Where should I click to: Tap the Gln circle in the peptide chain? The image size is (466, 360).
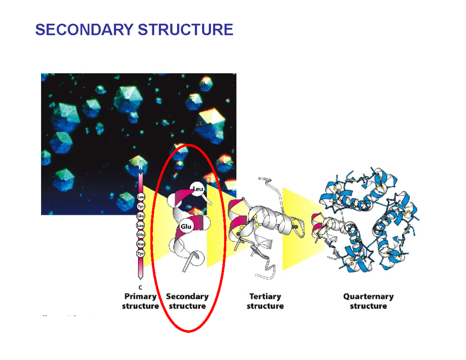click(141, 216)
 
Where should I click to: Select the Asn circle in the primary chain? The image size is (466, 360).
click(141, 244)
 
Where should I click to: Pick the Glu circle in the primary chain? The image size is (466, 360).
click(141, 235)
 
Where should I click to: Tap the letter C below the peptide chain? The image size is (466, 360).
click(141, 287)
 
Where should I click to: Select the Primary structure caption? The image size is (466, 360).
click(141, 301)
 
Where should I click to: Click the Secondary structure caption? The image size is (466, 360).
click(188, 301)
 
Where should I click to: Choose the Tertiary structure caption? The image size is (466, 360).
click(265, 301)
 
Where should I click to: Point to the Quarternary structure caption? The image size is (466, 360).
click(368, 301)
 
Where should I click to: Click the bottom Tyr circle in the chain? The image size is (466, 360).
click(141, 254)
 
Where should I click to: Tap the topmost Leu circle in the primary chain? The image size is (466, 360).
click(141, 197)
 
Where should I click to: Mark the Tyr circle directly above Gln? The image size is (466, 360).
click(141, 207)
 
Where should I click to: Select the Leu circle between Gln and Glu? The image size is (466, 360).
click(141, 225)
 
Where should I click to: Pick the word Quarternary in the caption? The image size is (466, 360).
click(368, 297)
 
